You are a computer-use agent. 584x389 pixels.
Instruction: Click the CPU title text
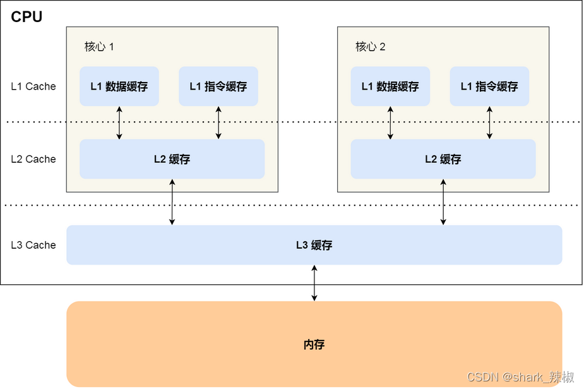[27, 17]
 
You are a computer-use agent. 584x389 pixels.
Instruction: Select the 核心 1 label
[99, 47]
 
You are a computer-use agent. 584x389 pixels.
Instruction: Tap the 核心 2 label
[370, 47]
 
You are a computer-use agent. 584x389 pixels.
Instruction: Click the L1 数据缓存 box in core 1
[119, 87]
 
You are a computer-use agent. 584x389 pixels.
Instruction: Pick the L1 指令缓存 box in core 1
[218, 87]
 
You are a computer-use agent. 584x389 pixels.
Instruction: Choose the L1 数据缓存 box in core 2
[390, 87]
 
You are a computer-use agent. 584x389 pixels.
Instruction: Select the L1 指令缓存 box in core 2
[489, 87]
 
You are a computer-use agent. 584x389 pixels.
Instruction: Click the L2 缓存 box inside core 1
[172, 159]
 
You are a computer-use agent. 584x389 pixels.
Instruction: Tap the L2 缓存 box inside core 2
[443, 159]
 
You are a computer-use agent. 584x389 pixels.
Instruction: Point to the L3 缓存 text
[314, 245]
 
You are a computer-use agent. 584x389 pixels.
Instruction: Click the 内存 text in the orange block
[314, 344]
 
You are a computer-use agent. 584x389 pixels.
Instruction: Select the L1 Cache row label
[33, 87]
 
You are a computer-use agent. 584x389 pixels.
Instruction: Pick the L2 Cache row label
[33, 159]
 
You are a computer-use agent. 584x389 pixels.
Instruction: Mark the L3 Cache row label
[33, 245]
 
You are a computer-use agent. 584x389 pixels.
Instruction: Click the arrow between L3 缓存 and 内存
[314, 283]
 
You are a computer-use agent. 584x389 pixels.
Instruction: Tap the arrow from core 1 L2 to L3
[172, 202]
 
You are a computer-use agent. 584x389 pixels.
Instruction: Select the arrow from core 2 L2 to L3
[443, 202]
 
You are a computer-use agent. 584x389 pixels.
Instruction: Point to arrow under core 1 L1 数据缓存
[119, 123]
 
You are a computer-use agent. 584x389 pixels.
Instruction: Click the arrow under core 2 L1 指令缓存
[489, 123]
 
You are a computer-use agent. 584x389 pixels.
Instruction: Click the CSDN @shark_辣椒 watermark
[520, 377]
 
